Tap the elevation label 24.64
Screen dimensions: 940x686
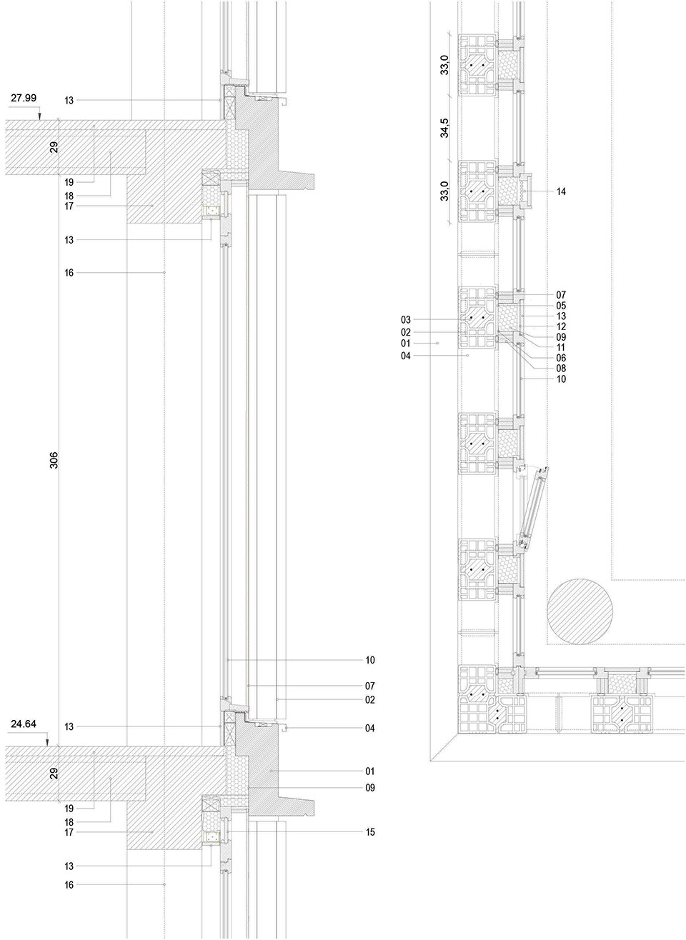[x=24, y=724]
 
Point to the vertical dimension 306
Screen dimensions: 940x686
[x=54, y=459]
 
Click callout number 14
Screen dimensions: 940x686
[x=561, y=191]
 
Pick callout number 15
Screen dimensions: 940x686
[x=369, y=832]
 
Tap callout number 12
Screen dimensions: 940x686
[x=561, y=326]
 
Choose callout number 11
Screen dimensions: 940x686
[x=561, y=347]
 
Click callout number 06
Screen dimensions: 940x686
[x=561, y=358]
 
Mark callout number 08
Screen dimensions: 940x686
[x=561, y=369]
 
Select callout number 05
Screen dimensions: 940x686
[x=561, y=305]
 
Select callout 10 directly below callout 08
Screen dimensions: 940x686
[x=561, y=379]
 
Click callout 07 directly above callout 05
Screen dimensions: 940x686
[x=561, y=294]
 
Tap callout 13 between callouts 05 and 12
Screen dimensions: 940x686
[x=561, y=316]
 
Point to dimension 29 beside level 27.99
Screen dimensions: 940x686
[x=54, y=147]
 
